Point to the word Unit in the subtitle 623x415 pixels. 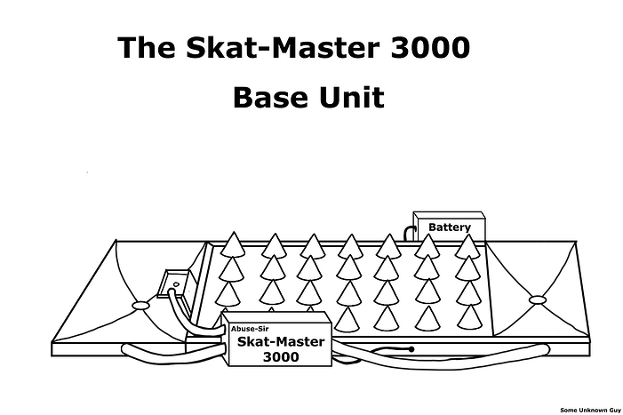pyautogui.click(x=352, y=96)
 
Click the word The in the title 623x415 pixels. pyautogui.click(x=145, y=48)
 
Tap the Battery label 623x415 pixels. pyautogui.click(x=450, y=227)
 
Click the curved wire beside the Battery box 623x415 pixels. pyautogui.click(x=410, y=233)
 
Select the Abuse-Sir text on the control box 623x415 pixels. pyautogui.click(x=249, y=330)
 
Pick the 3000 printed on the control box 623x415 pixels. pyautogui.click(x=282, y=357)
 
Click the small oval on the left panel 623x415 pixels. pyautogui.click(x=141, y=306)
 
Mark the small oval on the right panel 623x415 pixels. pyautogui.click(x=537, y=299)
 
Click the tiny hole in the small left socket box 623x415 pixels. pyautogui.click(x=175, y=286)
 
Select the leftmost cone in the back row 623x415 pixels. pyautogui.click(x=234, y=244)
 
